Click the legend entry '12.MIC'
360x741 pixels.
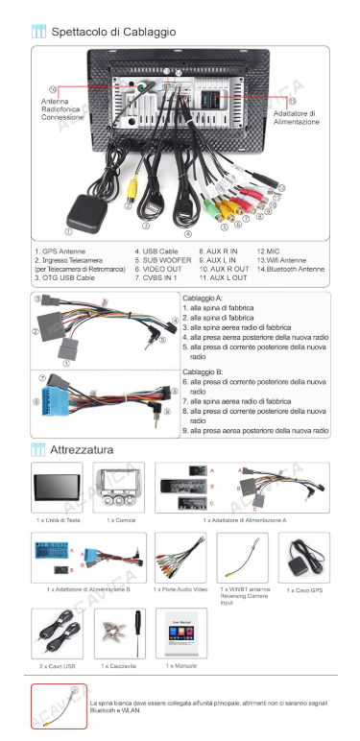[x=268, y=251]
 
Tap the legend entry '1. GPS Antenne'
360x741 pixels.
[x=60, y=251]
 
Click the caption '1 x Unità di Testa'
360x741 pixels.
[x=59, y=519]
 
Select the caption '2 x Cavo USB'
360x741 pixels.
[x=58, y=664]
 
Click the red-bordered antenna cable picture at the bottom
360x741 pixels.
[x=59, y=705]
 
